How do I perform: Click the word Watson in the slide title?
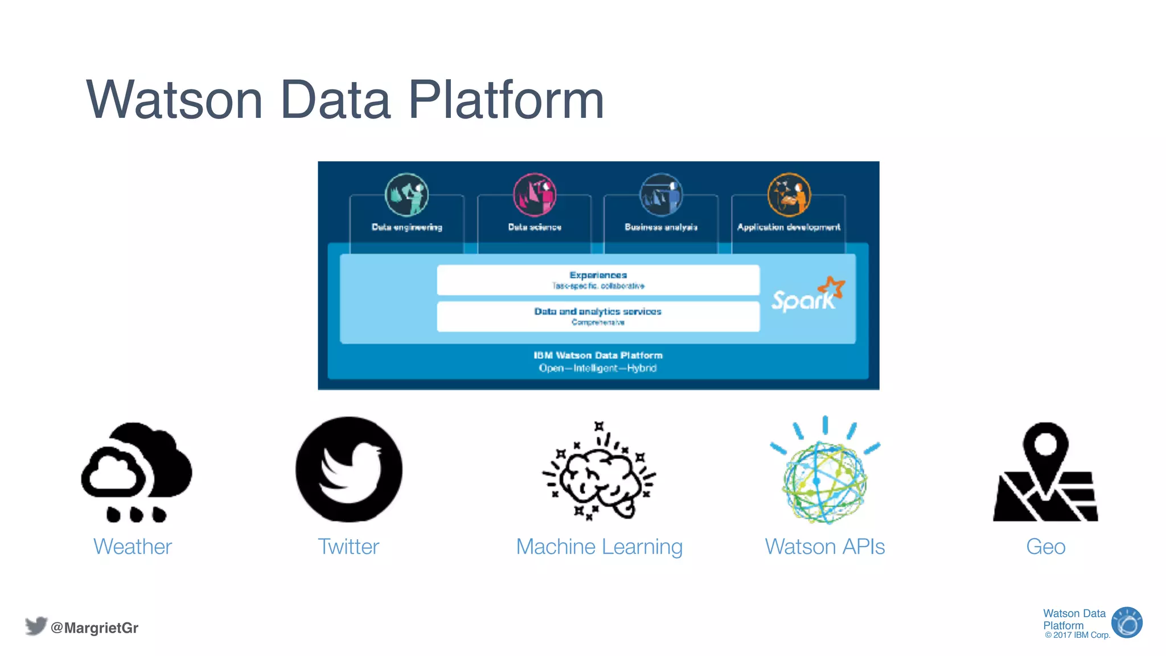[x=174, y=100]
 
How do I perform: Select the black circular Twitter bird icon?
[x=349, y=469]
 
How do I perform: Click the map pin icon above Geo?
[x=1045, y=473]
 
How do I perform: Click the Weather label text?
[x=132, y=547]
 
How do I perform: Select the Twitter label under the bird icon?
[x=348, y=547]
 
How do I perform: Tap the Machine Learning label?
[x=599, y=547]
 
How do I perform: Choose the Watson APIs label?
[x=824, y=547]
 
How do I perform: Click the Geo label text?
[x=1045, y=547]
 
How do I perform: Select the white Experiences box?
[x=598, y=280]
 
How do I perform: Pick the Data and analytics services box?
[x=598, y=316]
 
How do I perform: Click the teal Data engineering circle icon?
[x=407, y=195]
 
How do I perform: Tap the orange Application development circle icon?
[x=789, y=195]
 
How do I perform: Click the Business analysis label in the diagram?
[x=660, y=227]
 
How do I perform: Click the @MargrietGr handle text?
[x=94, y=628]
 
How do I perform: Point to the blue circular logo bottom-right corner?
[x=1127, y=622]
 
